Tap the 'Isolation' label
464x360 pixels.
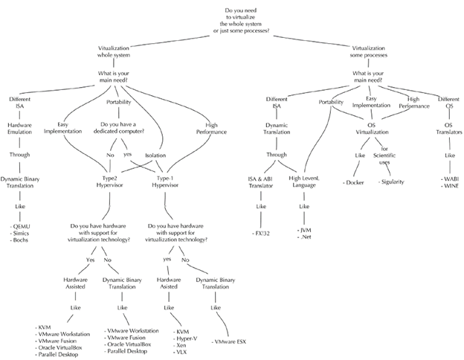click(x=155, y=156)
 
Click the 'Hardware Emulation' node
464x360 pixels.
click(x=19, y=130)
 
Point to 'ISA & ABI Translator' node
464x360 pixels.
click(x=264, y=182)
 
